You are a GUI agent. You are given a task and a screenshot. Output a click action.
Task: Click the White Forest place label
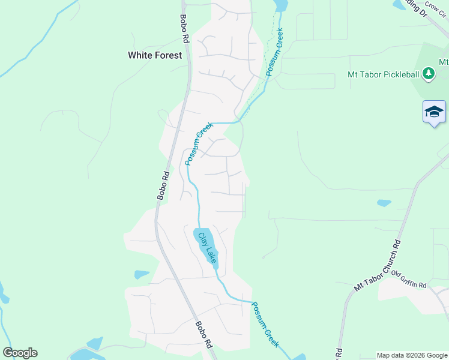(155, 55)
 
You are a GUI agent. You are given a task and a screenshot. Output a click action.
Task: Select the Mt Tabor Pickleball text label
(384, 75)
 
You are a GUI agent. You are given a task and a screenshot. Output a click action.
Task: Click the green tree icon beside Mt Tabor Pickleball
(428, 74)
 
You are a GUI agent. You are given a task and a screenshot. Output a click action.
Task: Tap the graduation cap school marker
(434, 112)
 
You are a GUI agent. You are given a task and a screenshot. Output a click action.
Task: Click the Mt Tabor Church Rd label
(377, 266)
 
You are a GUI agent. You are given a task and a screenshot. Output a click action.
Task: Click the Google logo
(20, 353)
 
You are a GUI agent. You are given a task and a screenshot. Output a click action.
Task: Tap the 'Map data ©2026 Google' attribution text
(411, 355)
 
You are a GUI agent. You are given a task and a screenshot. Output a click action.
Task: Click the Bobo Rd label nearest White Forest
(185, 29)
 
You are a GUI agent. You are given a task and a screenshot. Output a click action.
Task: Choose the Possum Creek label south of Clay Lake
(265, 324)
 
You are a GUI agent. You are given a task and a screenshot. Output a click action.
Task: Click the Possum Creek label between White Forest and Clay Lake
(199, 143)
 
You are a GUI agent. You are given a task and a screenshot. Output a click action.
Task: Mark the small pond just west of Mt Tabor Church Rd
(384, 203)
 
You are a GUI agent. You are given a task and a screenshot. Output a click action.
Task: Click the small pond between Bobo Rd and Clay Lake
(142, 275)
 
